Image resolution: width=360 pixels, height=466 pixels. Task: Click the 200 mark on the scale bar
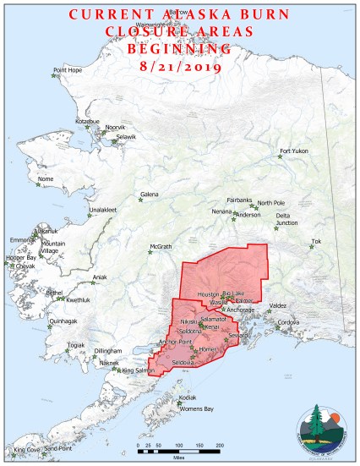(x=220, y=444)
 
